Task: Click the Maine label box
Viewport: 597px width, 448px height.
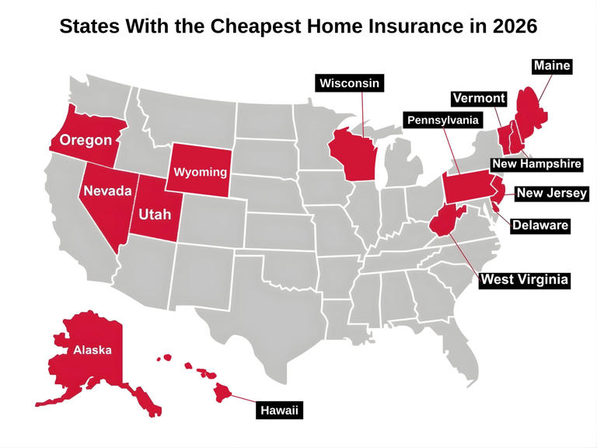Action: (x=552, y=66)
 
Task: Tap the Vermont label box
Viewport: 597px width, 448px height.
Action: (x=480, y=99)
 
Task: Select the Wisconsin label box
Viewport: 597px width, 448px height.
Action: (x=350, y=83)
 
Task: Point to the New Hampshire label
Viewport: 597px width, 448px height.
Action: (x=536, y=165)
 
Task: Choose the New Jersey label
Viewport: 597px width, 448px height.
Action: (x=552, y=194)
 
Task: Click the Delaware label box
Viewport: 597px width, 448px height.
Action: (x=540, y=226)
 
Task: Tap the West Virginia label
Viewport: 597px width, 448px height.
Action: (x=524, y=279)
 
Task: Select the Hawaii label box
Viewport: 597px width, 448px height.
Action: (x=279, y=410)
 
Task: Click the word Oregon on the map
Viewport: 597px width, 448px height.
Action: (x=86, y=141)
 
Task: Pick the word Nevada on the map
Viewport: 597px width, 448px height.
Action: (x=106, y=191)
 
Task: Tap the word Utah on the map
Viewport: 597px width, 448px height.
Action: (x=155, y=213)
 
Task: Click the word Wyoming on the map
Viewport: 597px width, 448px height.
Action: (x=201, y=171)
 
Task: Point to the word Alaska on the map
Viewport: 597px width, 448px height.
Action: (x=93, y=350)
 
